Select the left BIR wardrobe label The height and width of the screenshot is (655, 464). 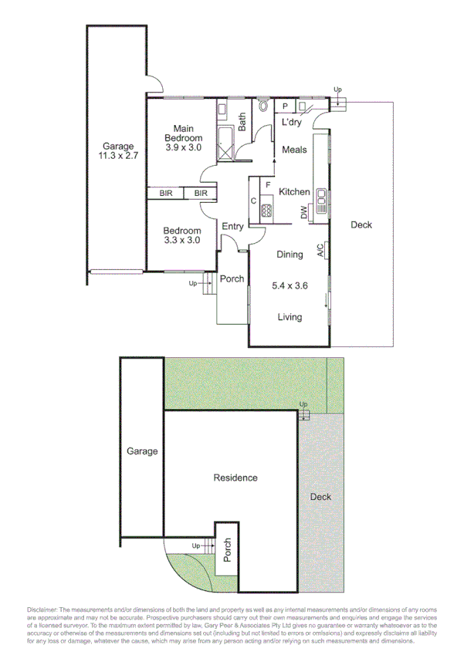point(166,194)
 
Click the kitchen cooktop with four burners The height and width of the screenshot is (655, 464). point(267,208)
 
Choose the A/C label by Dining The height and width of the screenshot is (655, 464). point(319,250)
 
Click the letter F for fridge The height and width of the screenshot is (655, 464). point(266,185)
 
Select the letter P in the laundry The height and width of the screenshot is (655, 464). point(285,106)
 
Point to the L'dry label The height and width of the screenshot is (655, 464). point(291,123)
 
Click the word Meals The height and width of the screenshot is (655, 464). point(294,150)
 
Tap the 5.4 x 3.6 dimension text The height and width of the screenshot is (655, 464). point(290,285)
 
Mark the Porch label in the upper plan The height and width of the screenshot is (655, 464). point(232,279)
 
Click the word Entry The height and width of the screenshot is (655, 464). point(232,227)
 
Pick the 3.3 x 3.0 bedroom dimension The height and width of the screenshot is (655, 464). point(182,240)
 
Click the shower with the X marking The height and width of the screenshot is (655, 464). point(227,143)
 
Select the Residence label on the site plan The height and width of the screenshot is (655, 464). point(235,478)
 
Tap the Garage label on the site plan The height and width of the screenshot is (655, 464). point(142,451)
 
